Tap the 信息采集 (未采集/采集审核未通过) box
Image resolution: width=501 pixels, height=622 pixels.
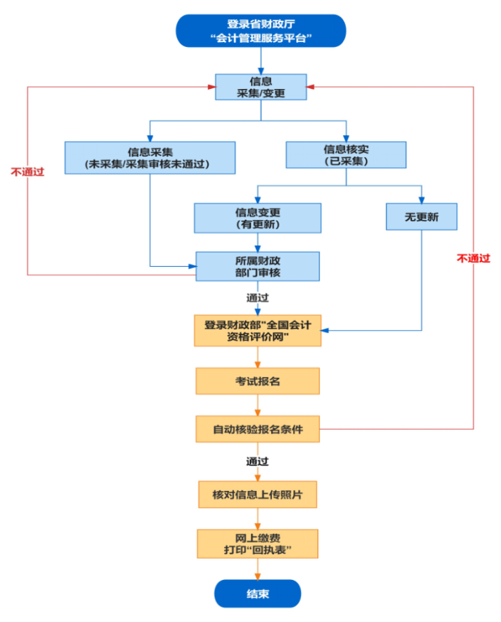[x=149, y=157]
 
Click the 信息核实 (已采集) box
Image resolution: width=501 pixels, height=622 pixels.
[x=346, y=154]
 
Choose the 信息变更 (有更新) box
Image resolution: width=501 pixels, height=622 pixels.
[x=258, y=218]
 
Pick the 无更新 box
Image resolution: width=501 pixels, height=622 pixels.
[x=421, y=216]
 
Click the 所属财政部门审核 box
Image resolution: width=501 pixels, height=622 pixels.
[x=258, y=267]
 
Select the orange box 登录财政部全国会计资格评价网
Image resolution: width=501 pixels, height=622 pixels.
[x=258, y=330]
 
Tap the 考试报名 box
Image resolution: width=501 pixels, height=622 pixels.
[x=258, y=381]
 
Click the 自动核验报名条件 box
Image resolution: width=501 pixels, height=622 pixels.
[x=258, y=429]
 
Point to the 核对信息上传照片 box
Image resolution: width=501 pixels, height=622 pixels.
[x=258, y=494]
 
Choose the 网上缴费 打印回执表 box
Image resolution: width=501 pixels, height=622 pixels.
[x=258, y=544]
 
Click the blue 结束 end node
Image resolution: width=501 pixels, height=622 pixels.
[x=258, y=594]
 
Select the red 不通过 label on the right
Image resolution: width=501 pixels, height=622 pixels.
[x=473, y=258]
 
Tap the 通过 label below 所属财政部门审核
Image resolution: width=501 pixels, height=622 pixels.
[x=258, y=297]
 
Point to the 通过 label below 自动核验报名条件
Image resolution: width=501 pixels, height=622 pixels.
[x=258, y=461]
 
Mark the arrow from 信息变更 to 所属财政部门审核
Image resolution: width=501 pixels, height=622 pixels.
[x=258, y=242]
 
